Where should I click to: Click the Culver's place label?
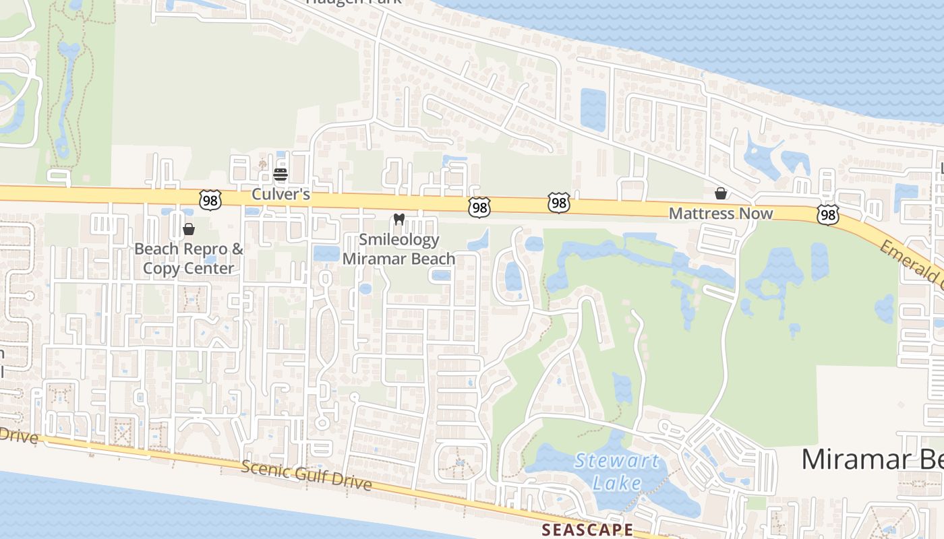pyautogui.click(x=281, y=194)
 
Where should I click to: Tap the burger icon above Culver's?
pyautogui.click(x=281, y=175)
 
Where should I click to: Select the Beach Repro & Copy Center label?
pyautogui.click(x=189, y=258)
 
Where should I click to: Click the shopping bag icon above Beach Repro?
pyautogui.click(x=189, y=230)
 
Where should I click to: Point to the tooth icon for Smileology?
pyautogui.click(x=399, y=219)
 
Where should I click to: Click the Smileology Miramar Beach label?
pyautogui.click(x=399, y=249)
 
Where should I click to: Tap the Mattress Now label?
pyautogui.click(x=720, y=214)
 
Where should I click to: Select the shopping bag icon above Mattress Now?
pyautogui.click(x=721, y=194)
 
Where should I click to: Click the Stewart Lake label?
pyautogui.click(x=616, y=472)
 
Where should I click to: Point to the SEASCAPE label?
pyautogui.click(x=588, y=530)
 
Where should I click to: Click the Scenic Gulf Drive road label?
pyautogui.click(x=306, y=475)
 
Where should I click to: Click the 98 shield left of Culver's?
pyautogui.click(x=210, y=199)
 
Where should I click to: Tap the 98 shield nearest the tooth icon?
pyautogui.click(x=479, y=208)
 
